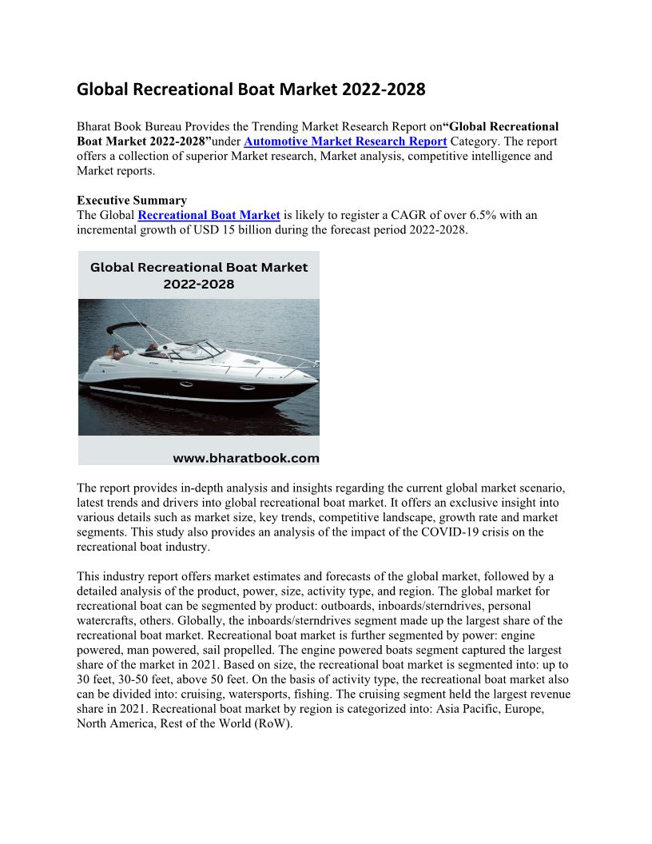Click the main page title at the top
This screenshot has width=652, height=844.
tap(251, 90)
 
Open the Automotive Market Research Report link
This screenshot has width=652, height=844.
tap(345, 141)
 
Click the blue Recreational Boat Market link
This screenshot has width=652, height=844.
tap(209, 215)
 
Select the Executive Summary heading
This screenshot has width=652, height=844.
tap(132, 201)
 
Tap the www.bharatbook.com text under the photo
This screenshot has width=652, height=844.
tap(246, 459)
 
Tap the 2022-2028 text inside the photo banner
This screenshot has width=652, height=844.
tap(198, 284)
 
